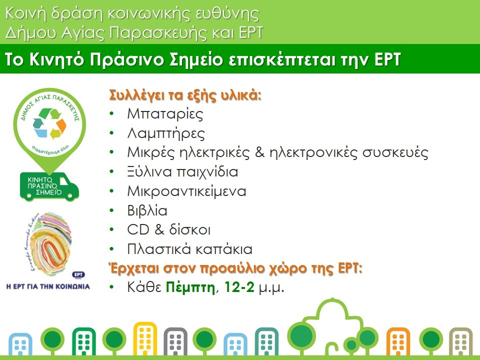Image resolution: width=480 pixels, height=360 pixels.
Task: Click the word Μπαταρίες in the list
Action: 165,114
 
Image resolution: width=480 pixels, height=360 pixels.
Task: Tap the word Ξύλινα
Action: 149,172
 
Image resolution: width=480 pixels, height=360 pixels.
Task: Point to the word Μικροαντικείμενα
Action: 186,191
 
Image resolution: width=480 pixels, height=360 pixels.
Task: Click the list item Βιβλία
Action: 147,210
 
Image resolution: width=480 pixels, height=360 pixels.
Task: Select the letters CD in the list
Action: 138,230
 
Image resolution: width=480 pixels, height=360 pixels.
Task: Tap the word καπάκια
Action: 224,249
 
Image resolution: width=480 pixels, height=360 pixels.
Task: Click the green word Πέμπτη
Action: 190,287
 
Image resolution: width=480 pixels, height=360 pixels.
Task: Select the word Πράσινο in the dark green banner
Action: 126,59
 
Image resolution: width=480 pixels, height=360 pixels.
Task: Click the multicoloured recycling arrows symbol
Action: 49,123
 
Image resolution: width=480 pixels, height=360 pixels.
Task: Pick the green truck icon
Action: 49,186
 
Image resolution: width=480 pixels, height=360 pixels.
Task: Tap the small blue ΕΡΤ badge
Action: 78,274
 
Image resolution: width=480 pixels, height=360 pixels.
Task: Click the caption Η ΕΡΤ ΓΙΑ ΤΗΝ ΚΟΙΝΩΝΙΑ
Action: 48,287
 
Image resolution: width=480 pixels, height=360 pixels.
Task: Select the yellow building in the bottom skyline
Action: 145,338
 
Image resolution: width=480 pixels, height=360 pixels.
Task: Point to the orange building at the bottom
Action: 398,341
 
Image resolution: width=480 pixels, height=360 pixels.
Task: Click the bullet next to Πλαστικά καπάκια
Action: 111,249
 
